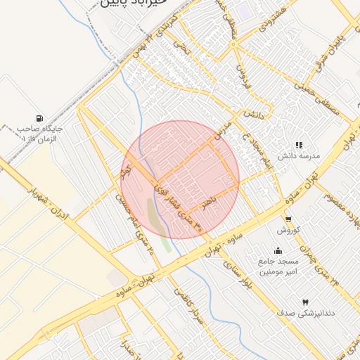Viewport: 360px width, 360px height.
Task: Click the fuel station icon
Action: pyautogui.click(x=39, y=117)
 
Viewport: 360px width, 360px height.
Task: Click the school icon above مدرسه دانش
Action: pyautogui.click(x=299, y=145)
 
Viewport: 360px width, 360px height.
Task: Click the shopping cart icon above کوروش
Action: pyautogui.click(x=288, y=219)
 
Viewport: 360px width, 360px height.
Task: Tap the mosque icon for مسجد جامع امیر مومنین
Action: pyautogui.click(x=278, y=250)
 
